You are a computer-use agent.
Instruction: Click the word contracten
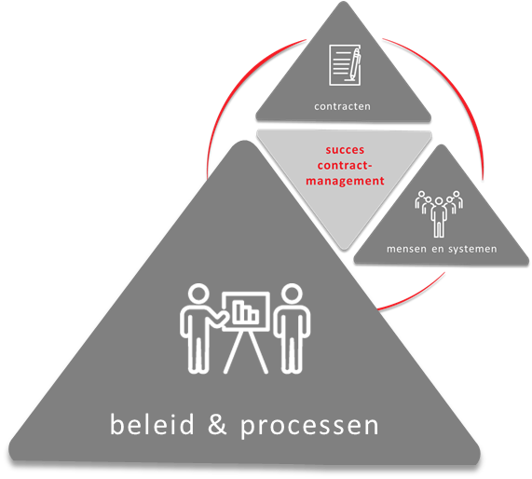pos(342,106)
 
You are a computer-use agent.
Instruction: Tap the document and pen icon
pos(345,65)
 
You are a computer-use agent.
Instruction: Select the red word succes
pos(345,150)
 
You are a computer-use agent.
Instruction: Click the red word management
pos(345,181)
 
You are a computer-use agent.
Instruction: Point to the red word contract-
pos(345,165)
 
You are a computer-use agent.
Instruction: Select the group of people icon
pos(439,213)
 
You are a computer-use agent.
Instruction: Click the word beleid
pos(152,424)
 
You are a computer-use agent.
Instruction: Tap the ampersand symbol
pos(217,424)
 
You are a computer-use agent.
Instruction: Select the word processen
pos(309,427)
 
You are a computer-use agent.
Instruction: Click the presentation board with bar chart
pos(246,311)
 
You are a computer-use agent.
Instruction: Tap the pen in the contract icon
pos(355,64)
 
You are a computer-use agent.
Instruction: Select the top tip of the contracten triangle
pos(344,2)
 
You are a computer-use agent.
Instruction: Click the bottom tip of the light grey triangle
pos(344,249)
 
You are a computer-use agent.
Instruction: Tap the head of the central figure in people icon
pos(439,201)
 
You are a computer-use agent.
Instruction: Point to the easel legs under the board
pos(246,352)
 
